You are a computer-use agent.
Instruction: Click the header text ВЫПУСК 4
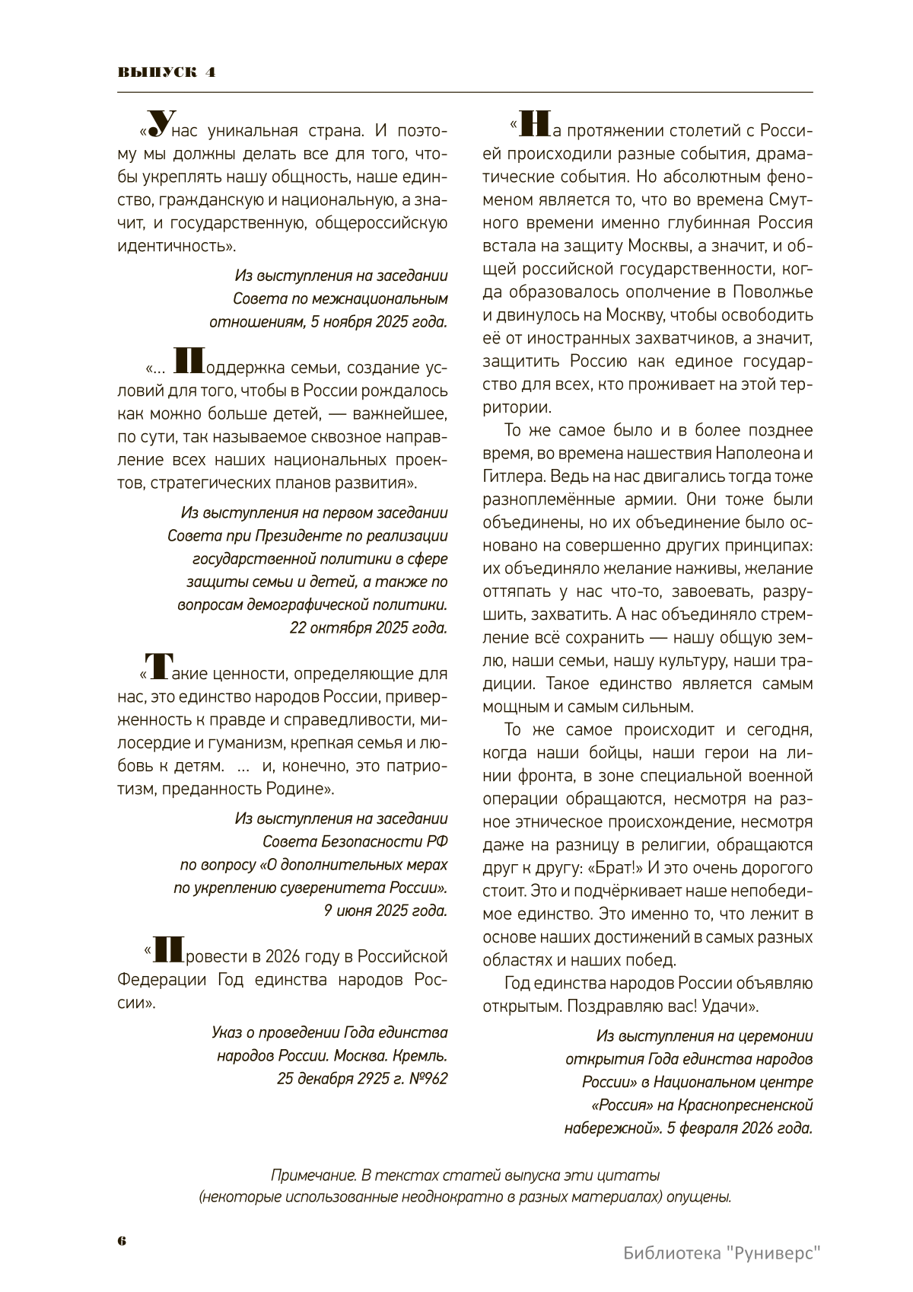click(166, 72)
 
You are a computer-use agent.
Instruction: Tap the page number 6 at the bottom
click(122, 1240)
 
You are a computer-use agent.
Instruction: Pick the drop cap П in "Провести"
click(167, 949)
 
